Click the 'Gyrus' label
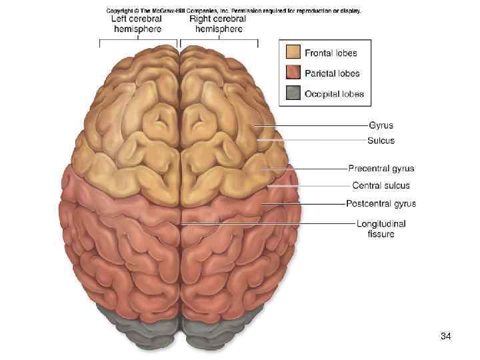tap(381, 125)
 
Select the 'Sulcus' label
tap(381, 141)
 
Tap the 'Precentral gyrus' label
tap(381, 169)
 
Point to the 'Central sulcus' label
tap(381, 185)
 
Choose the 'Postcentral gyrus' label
tap(381, 203)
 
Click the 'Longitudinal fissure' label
tap(381, 229)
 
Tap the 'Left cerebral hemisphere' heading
tap(137, 24)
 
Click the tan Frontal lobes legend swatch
tap(292, 53)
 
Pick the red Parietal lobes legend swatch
tap(292, 73)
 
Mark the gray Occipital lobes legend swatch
tap(292, 93)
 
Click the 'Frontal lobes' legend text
tap(331, 53)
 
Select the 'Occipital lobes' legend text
tap(335, 94)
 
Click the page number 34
tap(446, 336)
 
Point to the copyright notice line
tap(233, 11)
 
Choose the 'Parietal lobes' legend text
tap(333, 73)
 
